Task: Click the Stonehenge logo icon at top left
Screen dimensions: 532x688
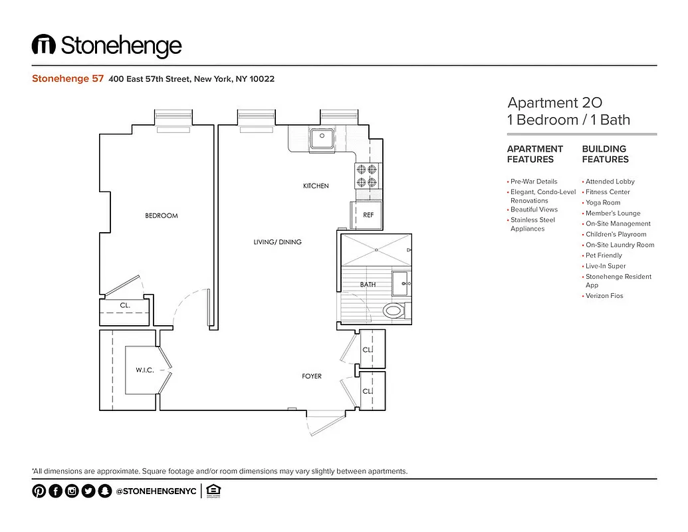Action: (x=43, y=45)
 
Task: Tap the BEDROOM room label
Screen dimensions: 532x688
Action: (x=162, y=215)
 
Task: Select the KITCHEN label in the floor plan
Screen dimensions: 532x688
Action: (x=316, y=186)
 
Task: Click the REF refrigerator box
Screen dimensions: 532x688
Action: (x=368, y=215)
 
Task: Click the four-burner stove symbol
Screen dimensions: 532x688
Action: (x=366, y=175)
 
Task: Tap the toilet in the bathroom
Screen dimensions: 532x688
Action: (x=395, y=310)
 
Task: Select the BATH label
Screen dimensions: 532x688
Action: (x=368, y=285)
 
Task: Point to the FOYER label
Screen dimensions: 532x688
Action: (x=312, y=376)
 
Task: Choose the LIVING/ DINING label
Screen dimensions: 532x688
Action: (x=277, y=242)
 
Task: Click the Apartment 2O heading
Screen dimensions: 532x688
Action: (x=554, y=102)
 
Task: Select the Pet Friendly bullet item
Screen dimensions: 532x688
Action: (x=604, y=255)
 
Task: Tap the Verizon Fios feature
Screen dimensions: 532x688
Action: (x=604, y=296)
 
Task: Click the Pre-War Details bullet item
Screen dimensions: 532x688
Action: (x=534, y=182)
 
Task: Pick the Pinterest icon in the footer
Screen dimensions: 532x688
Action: (x=39, y=491)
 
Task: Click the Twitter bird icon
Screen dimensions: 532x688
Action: (x=88, y=491)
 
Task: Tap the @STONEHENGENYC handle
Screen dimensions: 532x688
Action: (x=156, y=491)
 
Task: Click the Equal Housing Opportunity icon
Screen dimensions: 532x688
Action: (x=213, y=491)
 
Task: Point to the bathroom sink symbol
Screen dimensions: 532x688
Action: (x=401, y=283)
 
